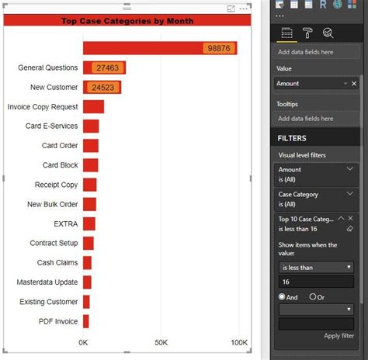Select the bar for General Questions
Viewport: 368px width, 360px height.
104,68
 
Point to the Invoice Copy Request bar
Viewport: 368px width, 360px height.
93,107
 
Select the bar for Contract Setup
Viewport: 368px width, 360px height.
89,244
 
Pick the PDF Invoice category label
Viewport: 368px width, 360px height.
58,321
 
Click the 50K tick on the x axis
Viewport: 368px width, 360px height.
161,342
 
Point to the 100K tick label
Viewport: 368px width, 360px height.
238,342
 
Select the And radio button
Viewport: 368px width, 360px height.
283,296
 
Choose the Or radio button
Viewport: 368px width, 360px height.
313,296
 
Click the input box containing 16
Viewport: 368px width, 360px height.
316,282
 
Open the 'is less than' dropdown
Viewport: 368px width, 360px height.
316,267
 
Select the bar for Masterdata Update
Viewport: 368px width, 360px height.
88,282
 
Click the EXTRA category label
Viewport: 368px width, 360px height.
65,224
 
